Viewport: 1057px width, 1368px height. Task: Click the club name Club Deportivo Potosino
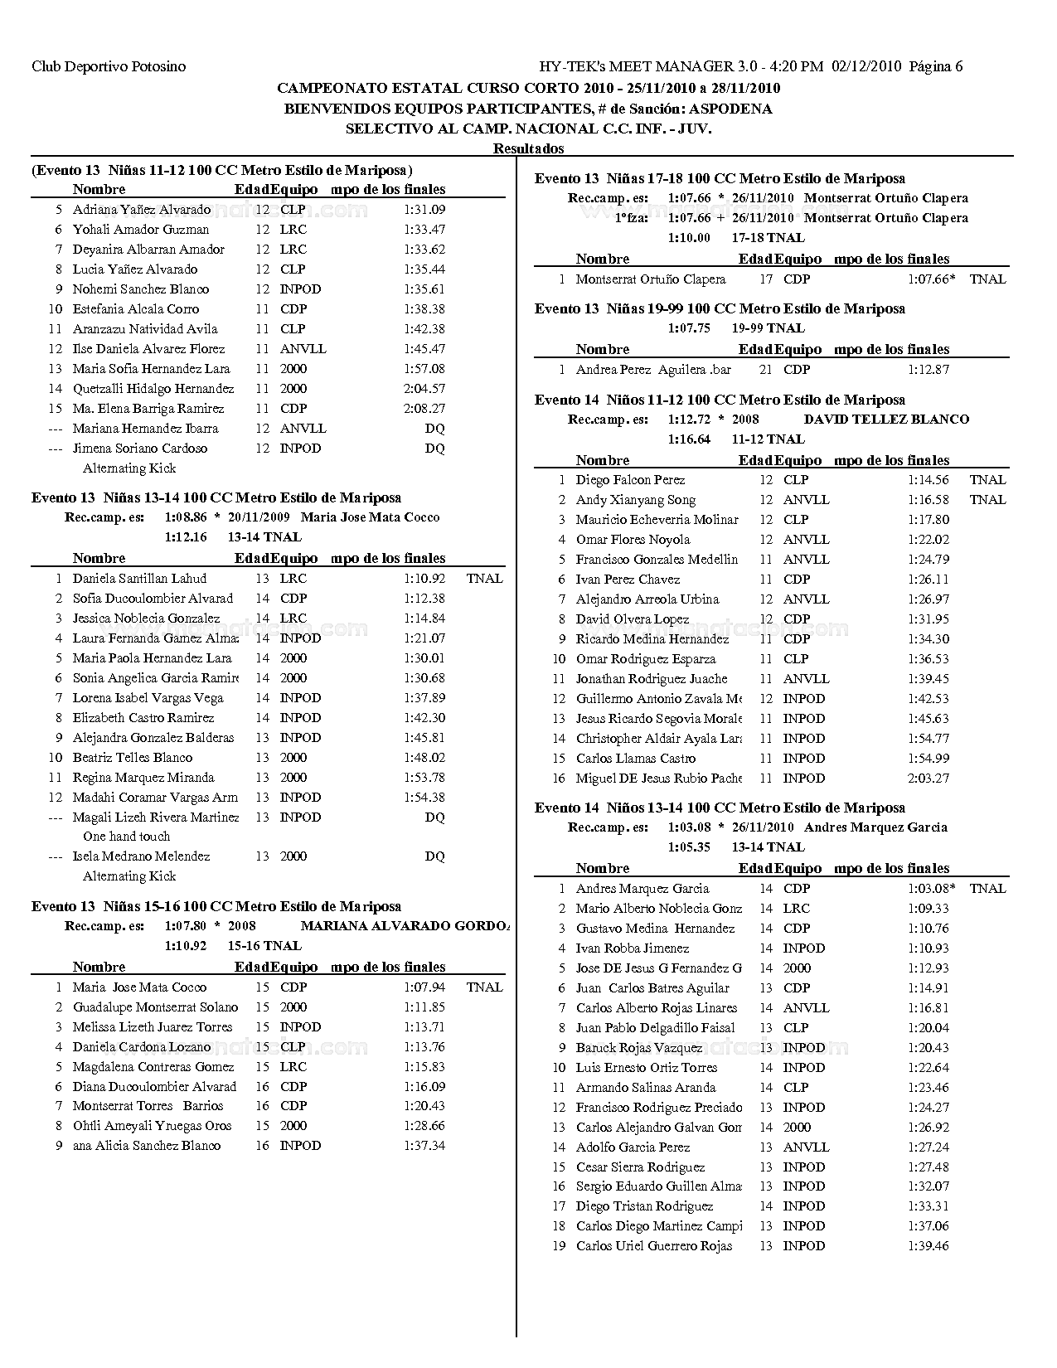point(109,66)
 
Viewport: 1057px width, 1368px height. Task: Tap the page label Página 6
point(936,66)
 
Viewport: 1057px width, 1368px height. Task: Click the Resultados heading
point(528,148)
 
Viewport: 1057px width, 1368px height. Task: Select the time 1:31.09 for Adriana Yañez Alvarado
point(424,210)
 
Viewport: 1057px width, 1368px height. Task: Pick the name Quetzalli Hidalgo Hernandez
point(153,389)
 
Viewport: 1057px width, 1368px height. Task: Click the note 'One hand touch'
point(126,837)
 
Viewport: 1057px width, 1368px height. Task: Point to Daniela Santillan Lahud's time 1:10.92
point(424,579)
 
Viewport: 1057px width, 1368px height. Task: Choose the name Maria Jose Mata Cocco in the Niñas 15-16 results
point(139,987)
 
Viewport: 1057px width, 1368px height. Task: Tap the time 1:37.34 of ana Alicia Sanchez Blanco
point(424,1146)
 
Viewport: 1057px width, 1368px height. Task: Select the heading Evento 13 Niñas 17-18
point(720,178)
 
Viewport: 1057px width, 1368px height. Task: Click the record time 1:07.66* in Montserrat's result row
point(931,279)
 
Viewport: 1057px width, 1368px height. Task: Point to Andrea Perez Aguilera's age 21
point(766,370)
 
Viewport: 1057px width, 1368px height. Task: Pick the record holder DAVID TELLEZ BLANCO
point(886,420)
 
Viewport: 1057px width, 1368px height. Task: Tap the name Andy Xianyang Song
point(636,500)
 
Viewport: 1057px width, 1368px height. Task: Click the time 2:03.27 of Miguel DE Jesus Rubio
point(929,779)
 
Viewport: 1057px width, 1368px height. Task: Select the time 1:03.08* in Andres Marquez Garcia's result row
point(931,889)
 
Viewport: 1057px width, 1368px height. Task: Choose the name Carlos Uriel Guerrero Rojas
point(654,1246)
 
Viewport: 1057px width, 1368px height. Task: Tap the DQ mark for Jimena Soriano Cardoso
point(434,449)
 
